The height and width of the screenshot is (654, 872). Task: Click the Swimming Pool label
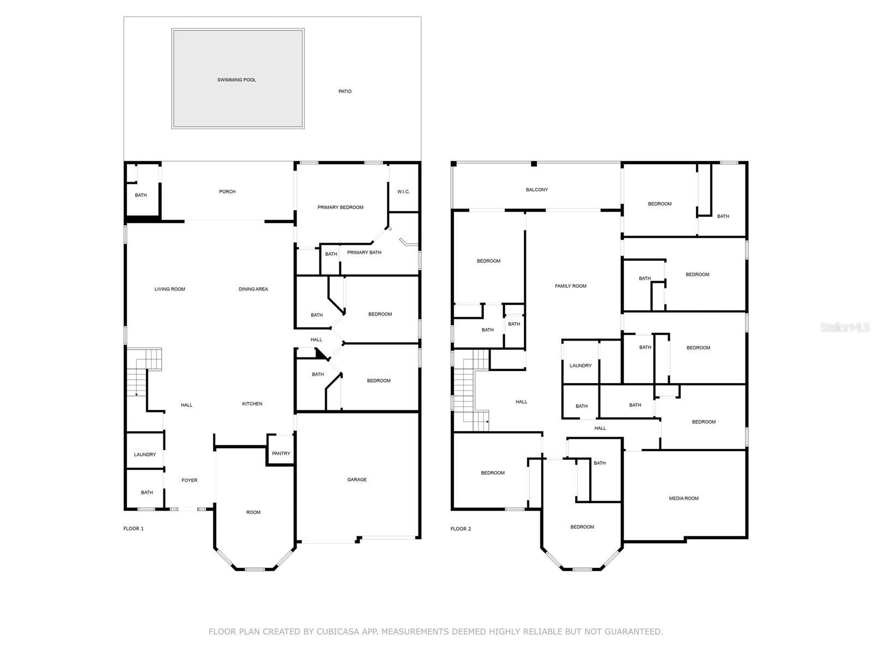pos(237,80)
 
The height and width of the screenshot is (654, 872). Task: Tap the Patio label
pos(345,92)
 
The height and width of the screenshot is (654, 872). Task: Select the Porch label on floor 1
pos(227,192)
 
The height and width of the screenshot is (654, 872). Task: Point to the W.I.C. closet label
pos(403,192)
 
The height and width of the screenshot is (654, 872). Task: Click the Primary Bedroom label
pos(341,207)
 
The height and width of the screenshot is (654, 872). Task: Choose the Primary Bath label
pos(364,252)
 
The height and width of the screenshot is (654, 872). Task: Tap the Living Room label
pos(169,289)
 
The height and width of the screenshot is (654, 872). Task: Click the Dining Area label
pos(253,289)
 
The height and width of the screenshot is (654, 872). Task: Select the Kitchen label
pos(252,404)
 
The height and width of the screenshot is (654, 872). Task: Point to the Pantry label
pos(281,453)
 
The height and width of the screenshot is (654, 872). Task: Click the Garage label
pos(357,480)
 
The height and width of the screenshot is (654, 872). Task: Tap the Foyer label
pos(190,481)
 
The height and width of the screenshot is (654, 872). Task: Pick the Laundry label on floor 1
pos(145,455)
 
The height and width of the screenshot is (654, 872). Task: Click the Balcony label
pos(537,190)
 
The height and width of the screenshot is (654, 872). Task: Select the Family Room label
pos(571,286)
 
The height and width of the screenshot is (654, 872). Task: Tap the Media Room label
pos(683,498)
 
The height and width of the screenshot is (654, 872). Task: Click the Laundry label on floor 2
pos(580,366)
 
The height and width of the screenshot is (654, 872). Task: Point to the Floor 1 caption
pos(134,529)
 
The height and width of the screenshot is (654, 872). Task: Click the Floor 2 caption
pos(461,529)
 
